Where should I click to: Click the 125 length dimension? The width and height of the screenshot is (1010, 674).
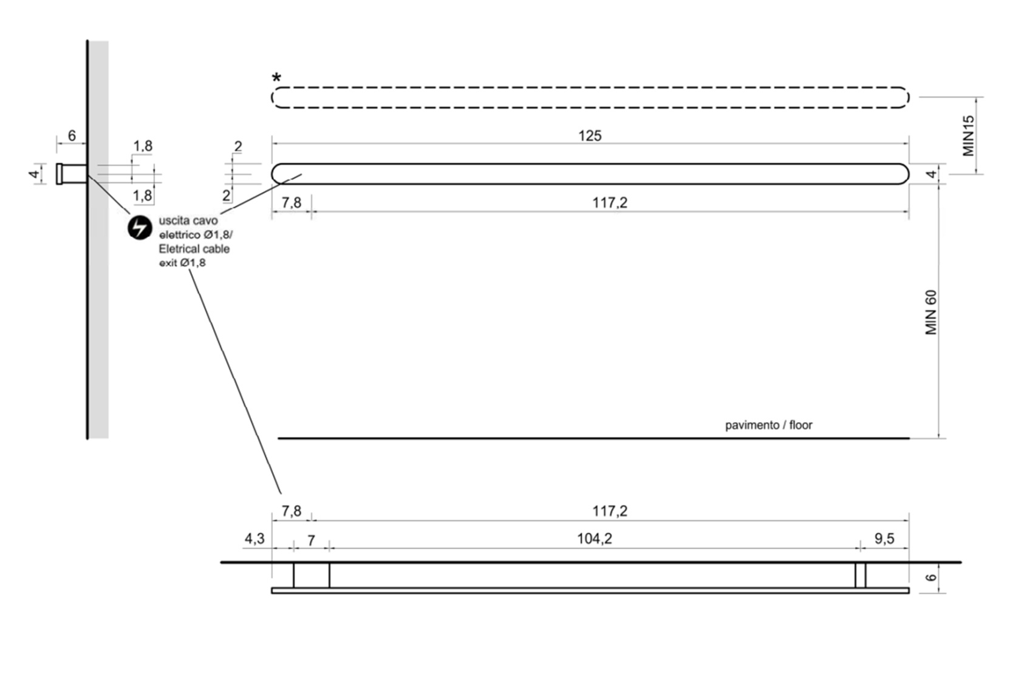pyautogui.click(x=590, y=136)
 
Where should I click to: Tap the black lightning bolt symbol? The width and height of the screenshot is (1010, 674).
pyautogui.click(x=139, y=228)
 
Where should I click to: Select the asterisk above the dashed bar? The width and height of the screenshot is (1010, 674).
pyautogui.click(x=276, y=78)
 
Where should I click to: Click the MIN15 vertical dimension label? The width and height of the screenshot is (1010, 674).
pyautogui.click(x=968, y=136)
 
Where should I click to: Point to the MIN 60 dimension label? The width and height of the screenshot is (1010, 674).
pyautogui.click(x=931, y=313)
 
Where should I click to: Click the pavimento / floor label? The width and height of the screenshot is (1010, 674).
pyautogui.click(x=768, y=425)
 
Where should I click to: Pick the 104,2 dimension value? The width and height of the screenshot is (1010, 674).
pyautogui.click(x=595, y=539)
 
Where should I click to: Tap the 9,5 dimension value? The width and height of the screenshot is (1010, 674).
pyautogui.click(x=884, y=539)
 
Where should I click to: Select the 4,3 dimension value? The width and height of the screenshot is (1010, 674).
pyautogui.click(x=254, y=539)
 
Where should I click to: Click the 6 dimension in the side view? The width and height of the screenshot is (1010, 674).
pyautogui.click(x=72, y=135)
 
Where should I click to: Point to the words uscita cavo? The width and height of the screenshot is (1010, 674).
pyautogui.click(x=188, y=221)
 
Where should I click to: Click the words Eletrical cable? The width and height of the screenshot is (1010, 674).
pyautogui.click(x=194, y=249)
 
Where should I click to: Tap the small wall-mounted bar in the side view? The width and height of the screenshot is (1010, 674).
pyautogui.click(x=72, y=174)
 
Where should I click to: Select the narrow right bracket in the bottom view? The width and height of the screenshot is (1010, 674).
pyautogui.click(x=861, y=575)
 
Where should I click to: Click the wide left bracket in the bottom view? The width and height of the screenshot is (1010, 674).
pyautogui.click(x=311, y=575)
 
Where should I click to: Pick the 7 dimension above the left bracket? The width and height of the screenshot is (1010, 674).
pyautogui.click(x=311, y=540)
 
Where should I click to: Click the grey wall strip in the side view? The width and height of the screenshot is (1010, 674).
pyautogui.click(x=98, y=239)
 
